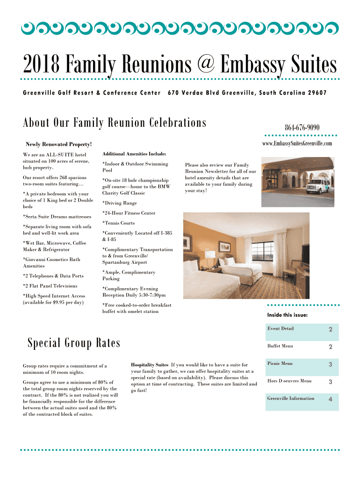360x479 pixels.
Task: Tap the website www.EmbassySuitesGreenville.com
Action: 297,143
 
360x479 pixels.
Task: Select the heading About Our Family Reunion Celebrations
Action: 115,123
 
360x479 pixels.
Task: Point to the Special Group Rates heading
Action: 74,343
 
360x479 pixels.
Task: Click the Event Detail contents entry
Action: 281,328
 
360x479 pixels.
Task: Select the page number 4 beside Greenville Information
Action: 330,399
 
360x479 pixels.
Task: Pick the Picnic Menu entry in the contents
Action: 280,363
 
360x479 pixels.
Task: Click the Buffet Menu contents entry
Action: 280,346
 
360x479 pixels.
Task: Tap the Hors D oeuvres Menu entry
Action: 289,381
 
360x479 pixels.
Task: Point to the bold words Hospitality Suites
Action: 150,364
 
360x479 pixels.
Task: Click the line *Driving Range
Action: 120,203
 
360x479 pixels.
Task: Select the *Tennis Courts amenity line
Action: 118,223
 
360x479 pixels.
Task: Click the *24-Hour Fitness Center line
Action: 129,213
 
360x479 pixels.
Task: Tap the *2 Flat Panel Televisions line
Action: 50,286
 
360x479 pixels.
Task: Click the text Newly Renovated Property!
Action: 59,145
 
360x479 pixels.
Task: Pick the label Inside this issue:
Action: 287,315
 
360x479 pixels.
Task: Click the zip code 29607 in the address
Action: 317,93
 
